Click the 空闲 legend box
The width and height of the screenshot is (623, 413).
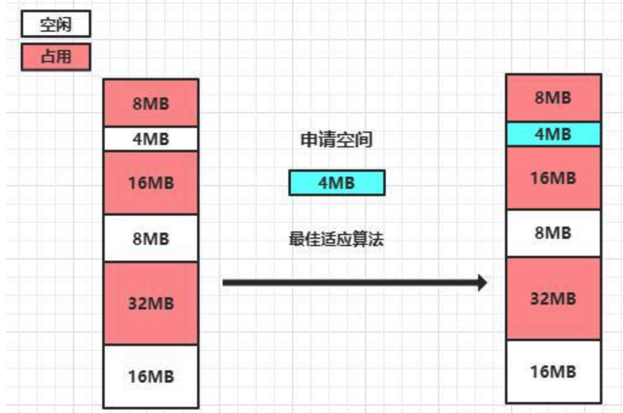[55, 25]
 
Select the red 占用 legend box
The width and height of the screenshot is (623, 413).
[55, 57]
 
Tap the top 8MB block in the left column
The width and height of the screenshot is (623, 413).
[151, 102]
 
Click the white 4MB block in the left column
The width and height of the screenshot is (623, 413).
[151, 139]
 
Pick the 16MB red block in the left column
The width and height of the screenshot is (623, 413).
[151, 182]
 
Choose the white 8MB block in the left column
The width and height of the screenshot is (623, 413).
[151, 238]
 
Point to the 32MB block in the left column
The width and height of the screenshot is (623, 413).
[151, 303]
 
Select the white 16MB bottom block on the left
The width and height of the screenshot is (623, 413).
[151, 376]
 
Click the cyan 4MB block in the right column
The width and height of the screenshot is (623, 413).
[553, 134]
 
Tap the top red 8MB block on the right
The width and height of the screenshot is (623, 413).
[553, 97]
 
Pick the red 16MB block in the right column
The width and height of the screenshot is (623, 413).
[553, 178]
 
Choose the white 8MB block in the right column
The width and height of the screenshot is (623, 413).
[553, 233]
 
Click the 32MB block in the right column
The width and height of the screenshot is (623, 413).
[553, 298]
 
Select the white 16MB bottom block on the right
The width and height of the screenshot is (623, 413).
[553, 371]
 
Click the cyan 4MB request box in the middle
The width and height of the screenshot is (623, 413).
[336, 183]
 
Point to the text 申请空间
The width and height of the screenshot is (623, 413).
[336, 140]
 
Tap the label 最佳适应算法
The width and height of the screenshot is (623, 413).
[336, 239]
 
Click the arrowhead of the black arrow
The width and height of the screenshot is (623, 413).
[482, 283]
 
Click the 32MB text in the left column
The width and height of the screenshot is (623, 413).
[151, 303]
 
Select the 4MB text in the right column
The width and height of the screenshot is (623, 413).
[553, 134]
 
